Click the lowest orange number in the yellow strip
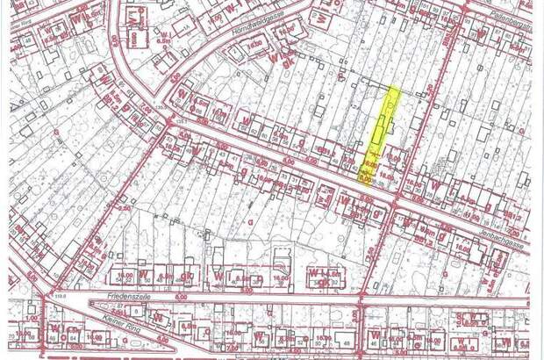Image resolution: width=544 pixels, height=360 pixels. click(363, 176)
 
